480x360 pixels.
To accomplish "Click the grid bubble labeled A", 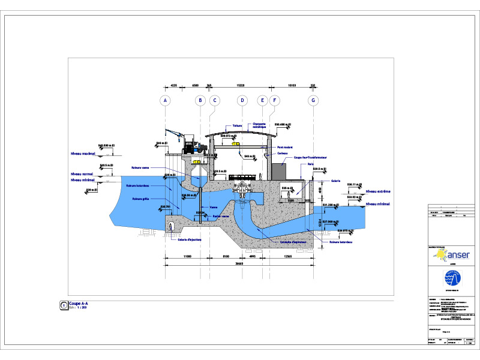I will (x=165, y=100).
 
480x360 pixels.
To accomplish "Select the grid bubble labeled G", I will (x=313, y=100).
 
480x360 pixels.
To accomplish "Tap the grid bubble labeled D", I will (x=242, y=100).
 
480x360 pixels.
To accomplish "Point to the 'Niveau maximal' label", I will (x=83, y=153).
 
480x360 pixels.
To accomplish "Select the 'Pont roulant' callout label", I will (x=284, y=146).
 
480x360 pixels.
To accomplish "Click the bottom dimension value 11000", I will (x=187, y=256).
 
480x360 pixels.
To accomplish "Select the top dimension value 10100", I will (x=293, y=86).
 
